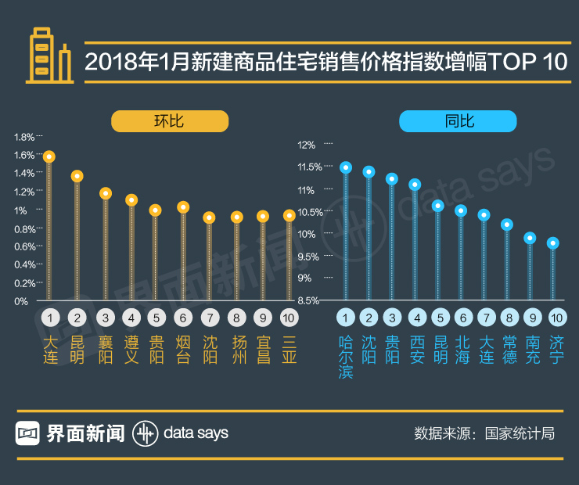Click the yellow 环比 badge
[169, 121]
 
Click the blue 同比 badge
[458, 121]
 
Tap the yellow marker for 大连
[49, 156]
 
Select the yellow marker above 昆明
[77, 176]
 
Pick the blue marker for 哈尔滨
[346, 167]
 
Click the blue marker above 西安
[415, 185]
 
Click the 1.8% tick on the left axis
[24, 137]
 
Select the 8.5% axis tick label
[307, 300]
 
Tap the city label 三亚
[289, 350]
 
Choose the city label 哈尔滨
[346, 357]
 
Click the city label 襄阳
[105, 350]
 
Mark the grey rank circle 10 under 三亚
[289, 318]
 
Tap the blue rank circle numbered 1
[346, 318]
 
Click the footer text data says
[196, 433]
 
